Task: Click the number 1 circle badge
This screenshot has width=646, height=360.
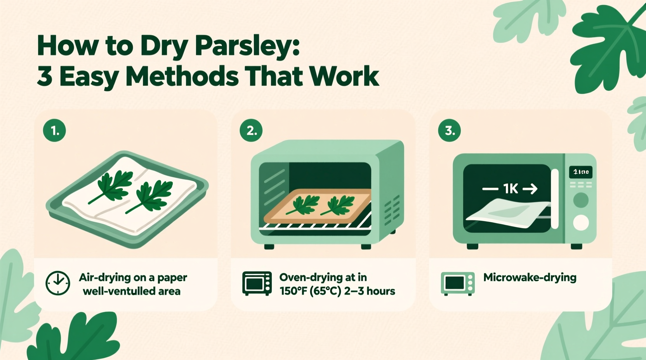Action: pyautogui.click(x=54, y=130)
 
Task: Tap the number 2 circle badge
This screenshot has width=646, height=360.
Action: pyautogui.click(x=251, y=130)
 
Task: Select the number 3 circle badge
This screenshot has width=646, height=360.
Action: pyautogui.click(x=449, y=130)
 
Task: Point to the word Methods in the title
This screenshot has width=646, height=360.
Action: pyautogui.click(x=182, y=76)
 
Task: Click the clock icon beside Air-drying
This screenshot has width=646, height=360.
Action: pyautogui.click(x=58, y=283)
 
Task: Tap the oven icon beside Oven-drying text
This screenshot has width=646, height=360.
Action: pyautogui.click(x=257, y=284)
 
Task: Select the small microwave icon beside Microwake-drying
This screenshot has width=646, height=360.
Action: pyautogui.click(x=458, y=284)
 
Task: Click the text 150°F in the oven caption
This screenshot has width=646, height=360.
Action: pyautogui.click(x=293, y=291)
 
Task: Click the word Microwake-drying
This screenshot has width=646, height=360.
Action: pyautogui.click(x=530, y=277)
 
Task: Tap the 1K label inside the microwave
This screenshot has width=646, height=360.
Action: pyautogui.click(x=511, y=189)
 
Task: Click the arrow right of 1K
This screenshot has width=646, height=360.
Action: pyautogui.click(x=530, y=189)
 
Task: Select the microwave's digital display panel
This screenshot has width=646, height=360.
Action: pyautogui.click(x=581, y=172)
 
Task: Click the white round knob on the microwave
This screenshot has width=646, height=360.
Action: pyautogui.click(x=581, y=223)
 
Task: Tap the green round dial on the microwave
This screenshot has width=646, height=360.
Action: pyautogui.click(x=581, y=200)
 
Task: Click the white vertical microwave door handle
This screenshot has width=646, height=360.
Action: pyautogui.click(x=555, y=199)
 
